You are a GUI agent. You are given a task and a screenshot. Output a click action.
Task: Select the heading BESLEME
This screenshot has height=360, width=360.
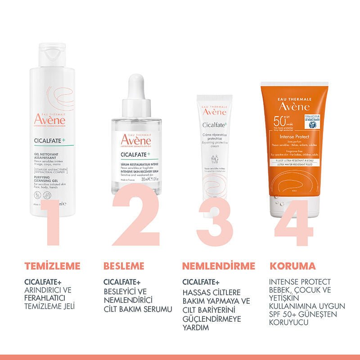coord(124,265)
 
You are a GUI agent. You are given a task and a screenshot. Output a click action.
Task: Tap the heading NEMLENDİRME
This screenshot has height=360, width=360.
coord(219,265)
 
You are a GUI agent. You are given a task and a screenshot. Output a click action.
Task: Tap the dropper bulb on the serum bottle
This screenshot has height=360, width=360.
coord(135,85)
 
